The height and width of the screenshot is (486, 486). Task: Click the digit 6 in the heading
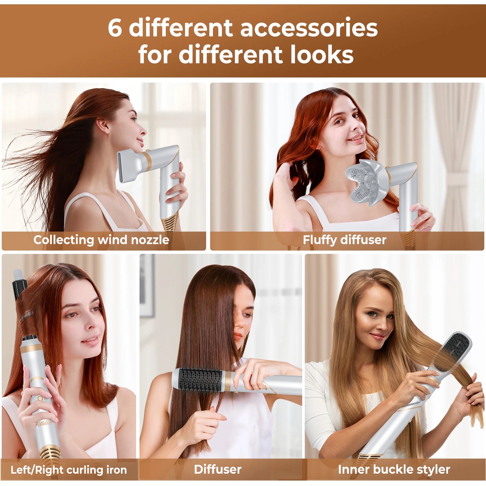[115, 28]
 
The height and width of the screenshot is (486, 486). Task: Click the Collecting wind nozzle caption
[101, 240]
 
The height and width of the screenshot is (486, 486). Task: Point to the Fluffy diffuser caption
[344, 240]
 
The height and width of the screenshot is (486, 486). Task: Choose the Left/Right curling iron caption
[69, 470]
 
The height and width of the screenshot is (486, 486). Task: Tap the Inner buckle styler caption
[394, 469]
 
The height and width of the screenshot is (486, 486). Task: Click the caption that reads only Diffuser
[218, 469]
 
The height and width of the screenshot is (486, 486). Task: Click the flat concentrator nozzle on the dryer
[129, 167]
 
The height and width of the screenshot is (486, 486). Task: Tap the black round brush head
[200, 380]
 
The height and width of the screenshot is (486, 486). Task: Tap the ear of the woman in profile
[102, 126]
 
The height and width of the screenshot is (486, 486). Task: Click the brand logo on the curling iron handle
[44, 423]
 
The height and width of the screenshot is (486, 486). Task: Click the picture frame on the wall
[147, 286]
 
